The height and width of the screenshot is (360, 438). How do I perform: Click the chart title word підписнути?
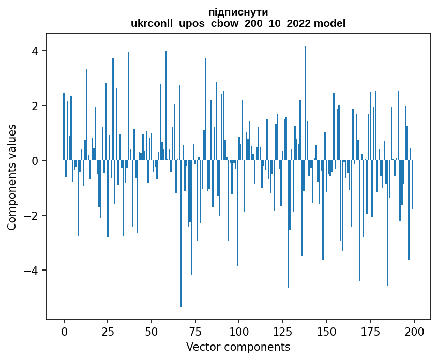tap(238, 12)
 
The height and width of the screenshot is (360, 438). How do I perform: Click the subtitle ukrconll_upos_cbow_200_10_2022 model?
tap(238, 23)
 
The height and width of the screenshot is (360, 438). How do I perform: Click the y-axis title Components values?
tap(12, 177)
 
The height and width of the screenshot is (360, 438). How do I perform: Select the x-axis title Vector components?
tap(238, 347)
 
